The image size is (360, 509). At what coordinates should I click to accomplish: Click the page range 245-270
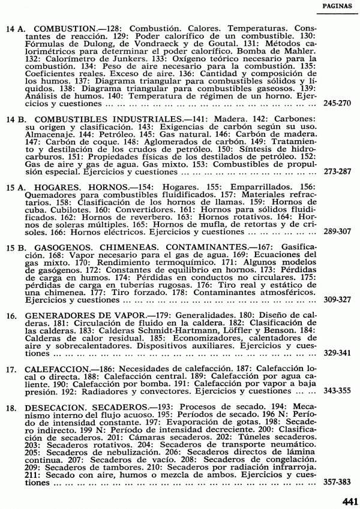(337, 103)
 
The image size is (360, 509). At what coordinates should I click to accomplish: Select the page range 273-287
(337, 171)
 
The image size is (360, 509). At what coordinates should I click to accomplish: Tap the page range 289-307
(337, 231)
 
